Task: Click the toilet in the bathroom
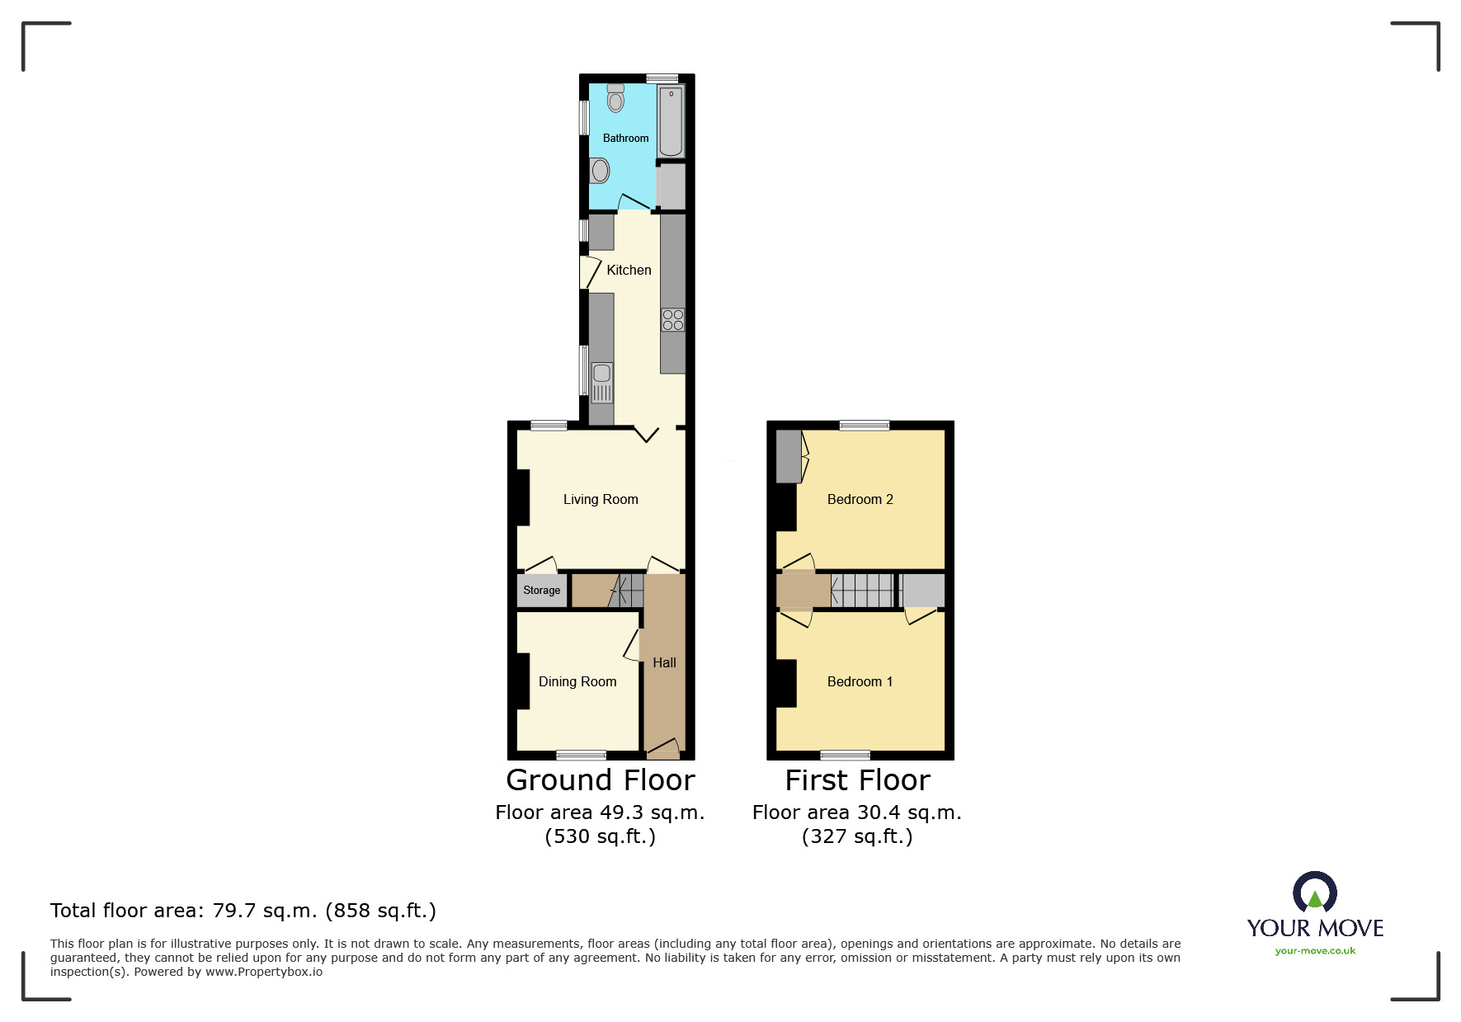[615, 98]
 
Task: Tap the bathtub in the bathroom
[671, 121]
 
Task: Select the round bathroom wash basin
[601, 171]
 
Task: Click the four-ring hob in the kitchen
[673, 320]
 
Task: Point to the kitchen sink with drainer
[602, 383]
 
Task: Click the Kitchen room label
[629, 270]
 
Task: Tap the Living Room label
[601, 499]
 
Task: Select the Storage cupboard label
[541, 590]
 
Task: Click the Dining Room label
[577, 681]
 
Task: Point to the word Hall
[664, 662]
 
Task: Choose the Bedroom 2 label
[860, 499]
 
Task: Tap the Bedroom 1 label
[860, 681]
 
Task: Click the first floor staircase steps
[862, 591]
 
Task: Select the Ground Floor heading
[601, 780]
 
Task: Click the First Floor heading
[857, 780]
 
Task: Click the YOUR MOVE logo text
[1315, 928]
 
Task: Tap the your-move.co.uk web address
[1315, 951]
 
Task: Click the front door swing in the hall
[663, 748]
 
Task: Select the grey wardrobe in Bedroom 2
[789, 456]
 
